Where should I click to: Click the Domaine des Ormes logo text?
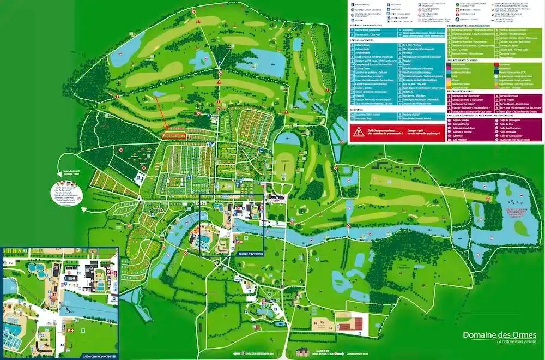(499, 335)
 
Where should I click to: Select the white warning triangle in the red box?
(358, 131)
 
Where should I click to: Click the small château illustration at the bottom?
(303, 354)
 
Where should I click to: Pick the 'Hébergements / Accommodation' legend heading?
(469, 25)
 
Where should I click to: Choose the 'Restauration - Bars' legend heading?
(464, 91)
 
